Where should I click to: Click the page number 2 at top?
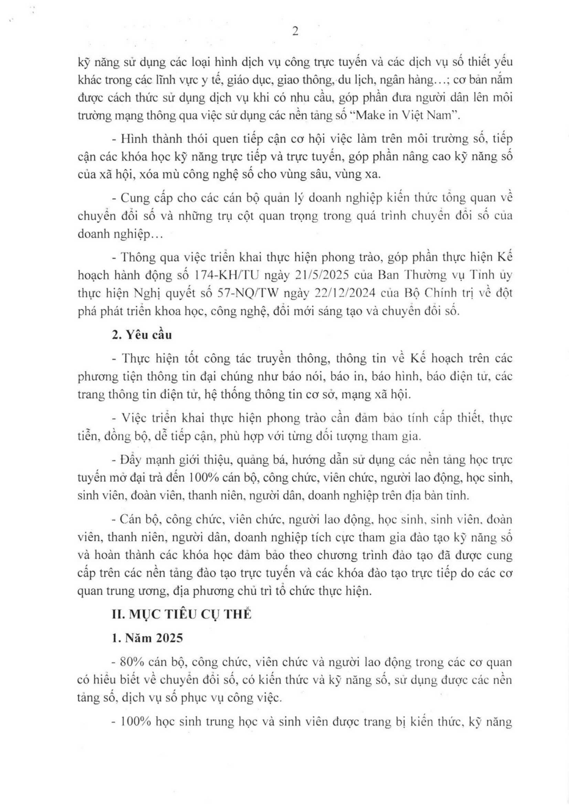[x=295, y=32]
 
